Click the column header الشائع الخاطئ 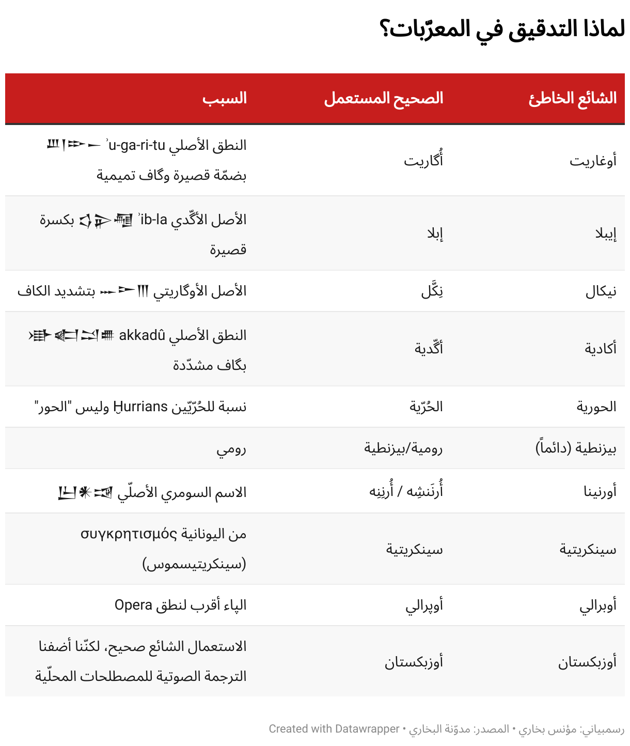pyautogui.click(x=573, y=98)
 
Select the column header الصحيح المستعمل pyautogui.click(x=384, y=98)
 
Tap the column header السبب pyautogui.click(x=225, y=98)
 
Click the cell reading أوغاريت pyautogui.click(x=593, y=161)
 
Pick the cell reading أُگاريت pyautogui.click(x=423, y=161)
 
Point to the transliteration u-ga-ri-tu pyautogui.click(x=136, y=145)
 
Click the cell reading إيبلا pyautogui.click(x=606, y=234)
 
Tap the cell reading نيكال pyautogui.click(x=601, y=291)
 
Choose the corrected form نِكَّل pyautogui.click(x=432, y=291)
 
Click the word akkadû pyautogui.click(x=142, y=335)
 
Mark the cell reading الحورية pyautogui.click(x=596, y=407)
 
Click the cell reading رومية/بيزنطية pyautogui.click(x=403, y=448)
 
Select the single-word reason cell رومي pyautogui.click(x=231, y=449)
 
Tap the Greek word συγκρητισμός pyautogui.click(x=129, y=534)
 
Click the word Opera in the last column pyautogui.click(x=133, y=605)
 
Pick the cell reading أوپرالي pyautogui.click(x=424, y=605)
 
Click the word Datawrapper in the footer pyautogui.click(x=367, y=729)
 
